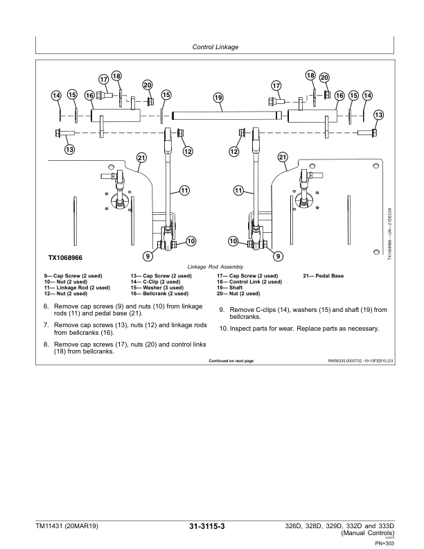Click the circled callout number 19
[218, 98]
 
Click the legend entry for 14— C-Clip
[158, 281]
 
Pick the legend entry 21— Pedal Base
[324, 276]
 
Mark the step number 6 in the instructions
[46, 306]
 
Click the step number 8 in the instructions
[46, 344]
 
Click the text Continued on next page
[231, 361]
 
